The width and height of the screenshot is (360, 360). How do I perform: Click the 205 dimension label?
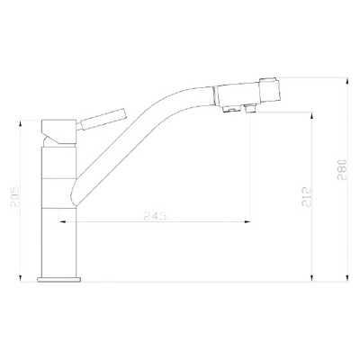coord(14,197)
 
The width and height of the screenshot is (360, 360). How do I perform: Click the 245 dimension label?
coord(155,216)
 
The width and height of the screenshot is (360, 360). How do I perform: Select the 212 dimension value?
coord(306,197)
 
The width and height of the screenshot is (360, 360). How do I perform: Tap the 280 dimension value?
coord(342,169)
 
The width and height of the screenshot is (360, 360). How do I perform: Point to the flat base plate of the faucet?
coord(58,280)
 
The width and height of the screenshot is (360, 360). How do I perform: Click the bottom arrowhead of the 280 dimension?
coord(347,279)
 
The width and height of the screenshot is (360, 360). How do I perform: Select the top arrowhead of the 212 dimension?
coord(311,115)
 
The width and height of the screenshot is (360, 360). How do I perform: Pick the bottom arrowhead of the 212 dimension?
coord(311,279)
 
